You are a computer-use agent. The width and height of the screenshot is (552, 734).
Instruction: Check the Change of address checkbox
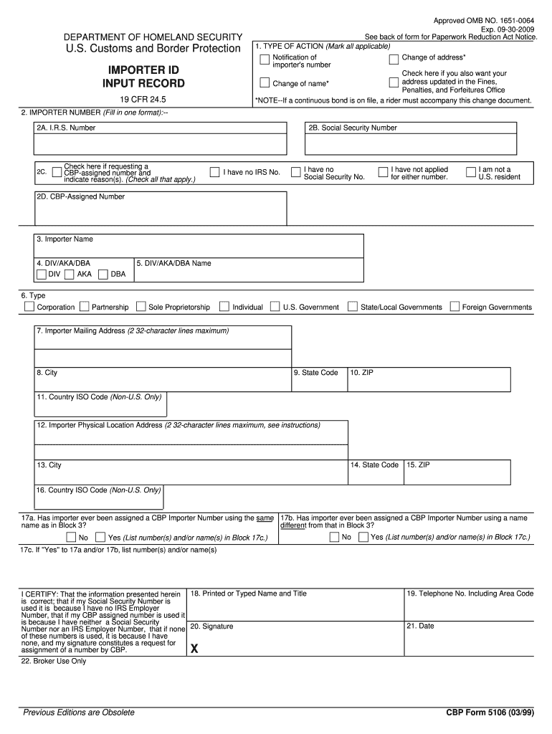394,58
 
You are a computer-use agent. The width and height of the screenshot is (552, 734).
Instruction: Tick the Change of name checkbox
265,82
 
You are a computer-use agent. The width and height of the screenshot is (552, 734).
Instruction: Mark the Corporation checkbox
29,307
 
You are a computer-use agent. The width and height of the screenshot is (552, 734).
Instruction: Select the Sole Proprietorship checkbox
141,307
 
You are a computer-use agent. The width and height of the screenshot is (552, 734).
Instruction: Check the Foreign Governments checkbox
455,307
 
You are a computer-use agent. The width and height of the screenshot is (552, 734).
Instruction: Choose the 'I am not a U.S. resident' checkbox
471,172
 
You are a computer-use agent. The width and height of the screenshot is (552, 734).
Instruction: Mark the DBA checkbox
103,274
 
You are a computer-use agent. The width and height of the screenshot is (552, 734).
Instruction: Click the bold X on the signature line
194,649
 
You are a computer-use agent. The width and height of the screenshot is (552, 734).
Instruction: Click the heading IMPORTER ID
144,70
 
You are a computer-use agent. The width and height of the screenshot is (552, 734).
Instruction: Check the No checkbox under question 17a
70,537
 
